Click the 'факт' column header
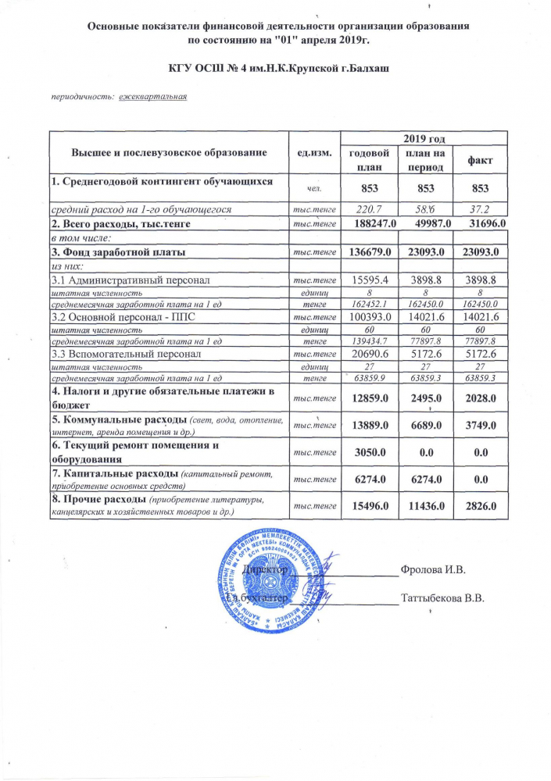tap(479, 160)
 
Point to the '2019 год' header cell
tap(424, 137)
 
